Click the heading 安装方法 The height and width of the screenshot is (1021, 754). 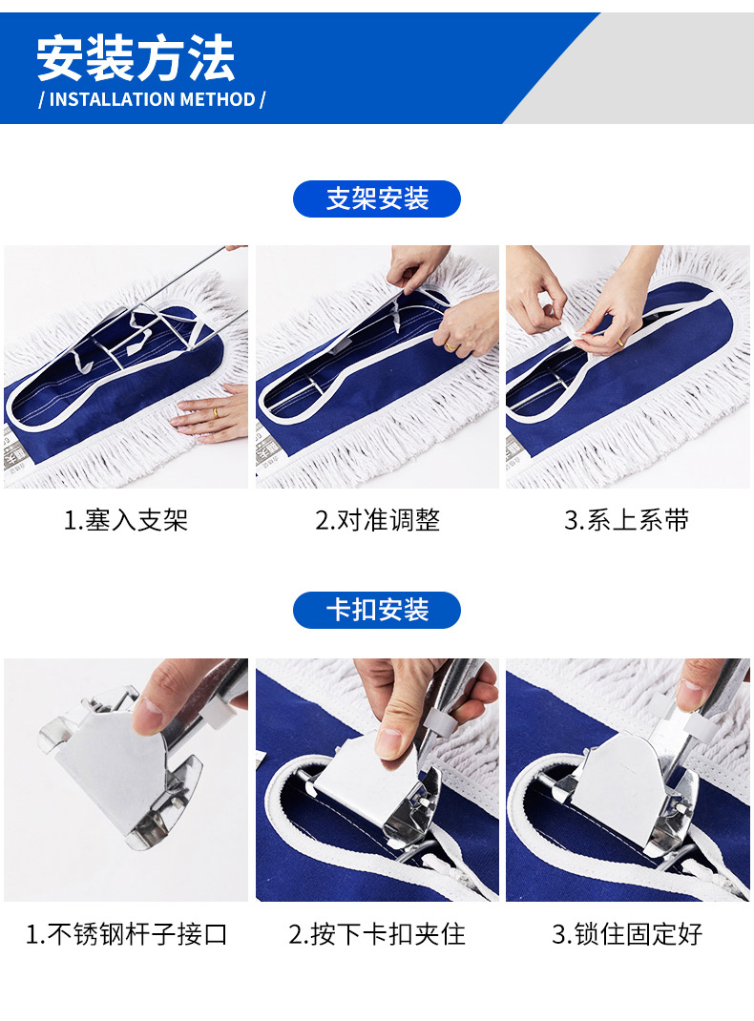[136, 58]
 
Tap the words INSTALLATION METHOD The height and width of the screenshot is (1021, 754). [153, 99]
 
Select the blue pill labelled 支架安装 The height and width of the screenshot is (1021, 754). [377, 198]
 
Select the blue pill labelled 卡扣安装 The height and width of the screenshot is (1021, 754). [377, 610]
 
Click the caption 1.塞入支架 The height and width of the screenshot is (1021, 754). [126, 520]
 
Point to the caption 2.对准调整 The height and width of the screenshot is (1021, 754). [378, 520]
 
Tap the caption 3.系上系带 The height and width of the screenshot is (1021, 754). [626, 520]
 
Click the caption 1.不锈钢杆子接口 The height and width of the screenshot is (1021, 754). [126, 934]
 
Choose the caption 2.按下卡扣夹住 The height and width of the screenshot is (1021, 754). [377, 934]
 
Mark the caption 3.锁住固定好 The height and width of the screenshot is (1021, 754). [627, 934]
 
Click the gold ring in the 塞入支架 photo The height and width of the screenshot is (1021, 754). [216, 413]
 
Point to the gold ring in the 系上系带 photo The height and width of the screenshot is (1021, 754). [618, 342]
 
